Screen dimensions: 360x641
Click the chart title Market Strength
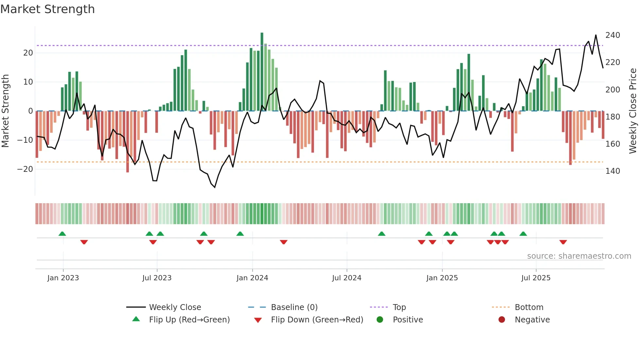47,9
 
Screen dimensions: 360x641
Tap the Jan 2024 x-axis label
252,278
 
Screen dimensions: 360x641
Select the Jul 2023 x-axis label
157,278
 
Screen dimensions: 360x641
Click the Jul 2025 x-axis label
536,278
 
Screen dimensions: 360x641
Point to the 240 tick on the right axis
613,35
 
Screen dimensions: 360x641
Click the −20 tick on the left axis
25,169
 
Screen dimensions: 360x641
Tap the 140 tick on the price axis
613,171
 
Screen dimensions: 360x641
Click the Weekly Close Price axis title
633,111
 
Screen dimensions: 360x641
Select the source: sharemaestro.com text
579,256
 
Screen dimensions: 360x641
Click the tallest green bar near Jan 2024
262,72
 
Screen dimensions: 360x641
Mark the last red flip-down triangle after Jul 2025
563,242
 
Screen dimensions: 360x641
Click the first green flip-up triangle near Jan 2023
62,234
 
